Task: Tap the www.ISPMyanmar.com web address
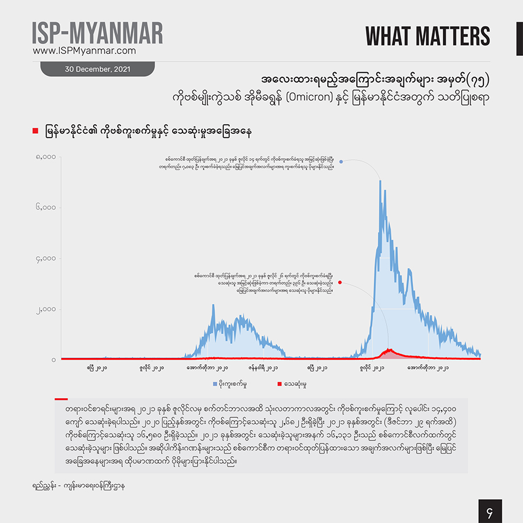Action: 84,51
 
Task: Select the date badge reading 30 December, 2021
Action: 97,69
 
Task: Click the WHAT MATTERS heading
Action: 427,36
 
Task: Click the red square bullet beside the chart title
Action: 35,132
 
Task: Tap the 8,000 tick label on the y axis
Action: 45,156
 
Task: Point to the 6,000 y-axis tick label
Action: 45,207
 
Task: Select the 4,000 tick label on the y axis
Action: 45,258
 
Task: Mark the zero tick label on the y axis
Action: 53,360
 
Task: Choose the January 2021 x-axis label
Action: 263,368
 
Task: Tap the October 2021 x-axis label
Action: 428,368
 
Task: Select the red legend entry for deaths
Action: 293,384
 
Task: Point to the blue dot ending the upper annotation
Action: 342,162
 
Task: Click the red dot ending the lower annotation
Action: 340,283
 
